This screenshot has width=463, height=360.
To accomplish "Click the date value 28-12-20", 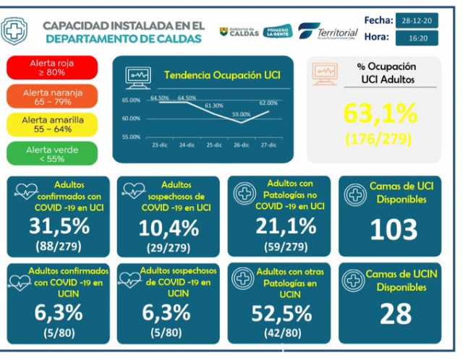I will pyautogui.click(x=422, y=20).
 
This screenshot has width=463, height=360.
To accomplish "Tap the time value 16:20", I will pyautogui.click(x=422, y=37).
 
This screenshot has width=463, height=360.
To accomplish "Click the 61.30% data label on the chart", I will pyautogui.click(x=214, y=106).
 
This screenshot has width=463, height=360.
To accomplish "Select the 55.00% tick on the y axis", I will pyautogui.click(x=132, y=137).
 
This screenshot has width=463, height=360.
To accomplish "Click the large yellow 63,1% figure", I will pyautogui.click(x=380, y=113).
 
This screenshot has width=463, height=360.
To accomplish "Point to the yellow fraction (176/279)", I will pyautogui.click(x=380, y=137).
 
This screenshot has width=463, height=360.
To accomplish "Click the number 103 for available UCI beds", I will pyautogui.click(x=394, y=229).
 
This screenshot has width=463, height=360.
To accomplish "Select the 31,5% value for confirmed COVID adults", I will pyautogui.click(x=60, y=226).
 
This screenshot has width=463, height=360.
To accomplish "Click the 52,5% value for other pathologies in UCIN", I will pyautogui.click(x=282, y=313).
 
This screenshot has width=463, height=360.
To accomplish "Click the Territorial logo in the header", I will pyautogui.click(x=328, y=33).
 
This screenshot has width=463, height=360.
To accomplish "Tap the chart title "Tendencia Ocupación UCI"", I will pyautogui.click(x=222, y=74).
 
